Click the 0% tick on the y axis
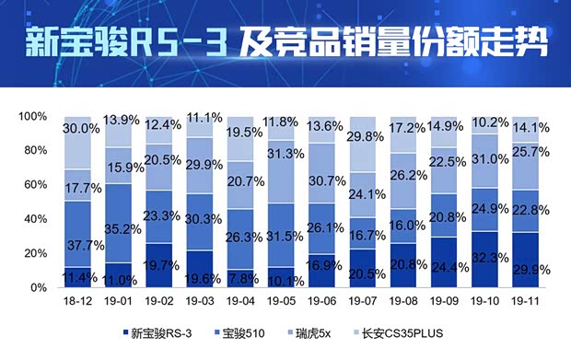pos(36,288)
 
